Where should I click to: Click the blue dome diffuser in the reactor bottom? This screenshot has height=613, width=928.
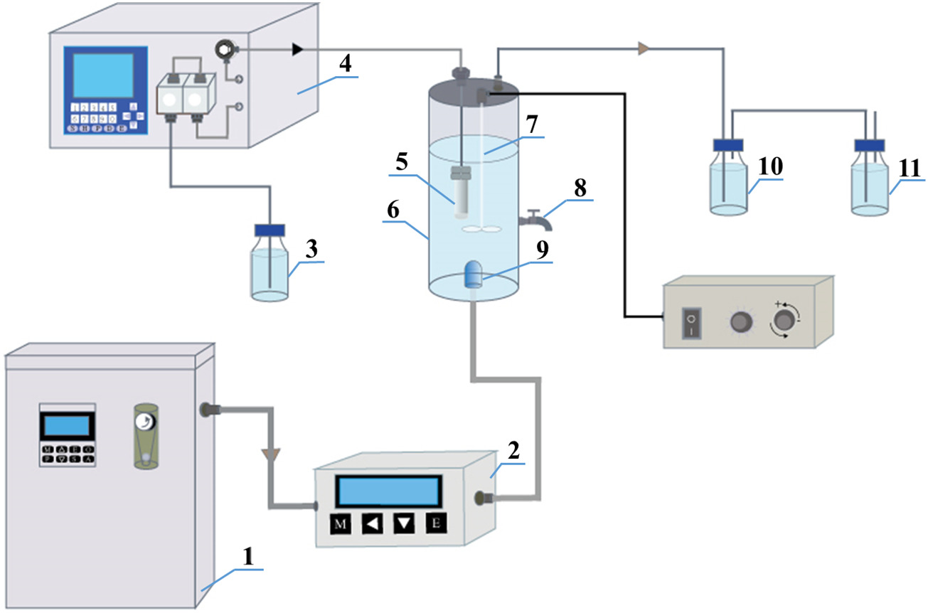click(472, 274)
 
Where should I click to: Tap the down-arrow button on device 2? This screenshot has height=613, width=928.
click(404, 525)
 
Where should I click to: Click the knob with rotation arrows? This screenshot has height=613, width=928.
click(784, 321)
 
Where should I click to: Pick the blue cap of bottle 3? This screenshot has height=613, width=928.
click(270, 230)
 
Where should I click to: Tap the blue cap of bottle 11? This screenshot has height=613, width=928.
click(869, 145)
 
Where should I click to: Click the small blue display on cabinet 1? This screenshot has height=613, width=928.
click(67, 426)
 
